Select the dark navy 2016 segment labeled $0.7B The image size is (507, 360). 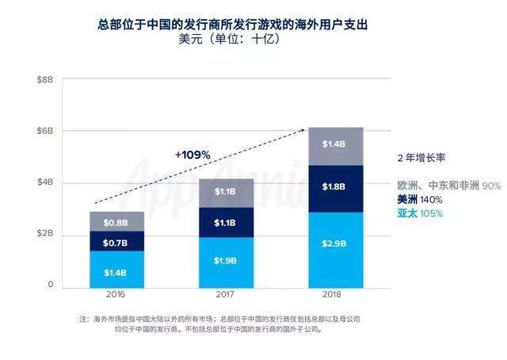pyautogui.click(x=116, y=241)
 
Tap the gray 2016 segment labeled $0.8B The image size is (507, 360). pyautogui.click(x=116, y=222)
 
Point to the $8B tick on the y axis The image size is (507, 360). pyautogui.click(x=44, y=79)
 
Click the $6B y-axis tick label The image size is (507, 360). pyautogui.click(x=44, y=131)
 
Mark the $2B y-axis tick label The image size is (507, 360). pyautogui.click(x=44, y=234)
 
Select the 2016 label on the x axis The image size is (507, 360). pyautogui.click(x=116, y=294)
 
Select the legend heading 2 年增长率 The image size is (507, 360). pyautogui.click(x=423, y=157)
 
